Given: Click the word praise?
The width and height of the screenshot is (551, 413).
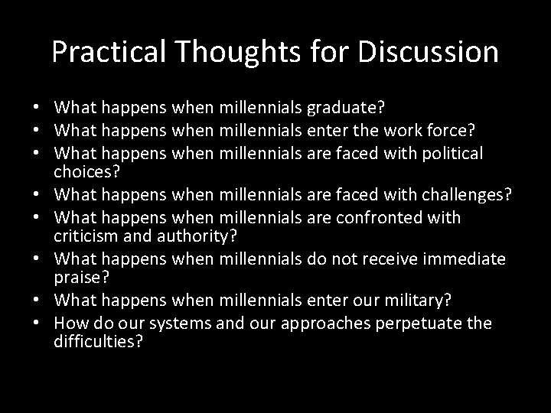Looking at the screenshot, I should (x=77, y=276).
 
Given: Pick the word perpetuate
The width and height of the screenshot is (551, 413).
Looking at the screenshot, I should (x=414, y=323).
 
